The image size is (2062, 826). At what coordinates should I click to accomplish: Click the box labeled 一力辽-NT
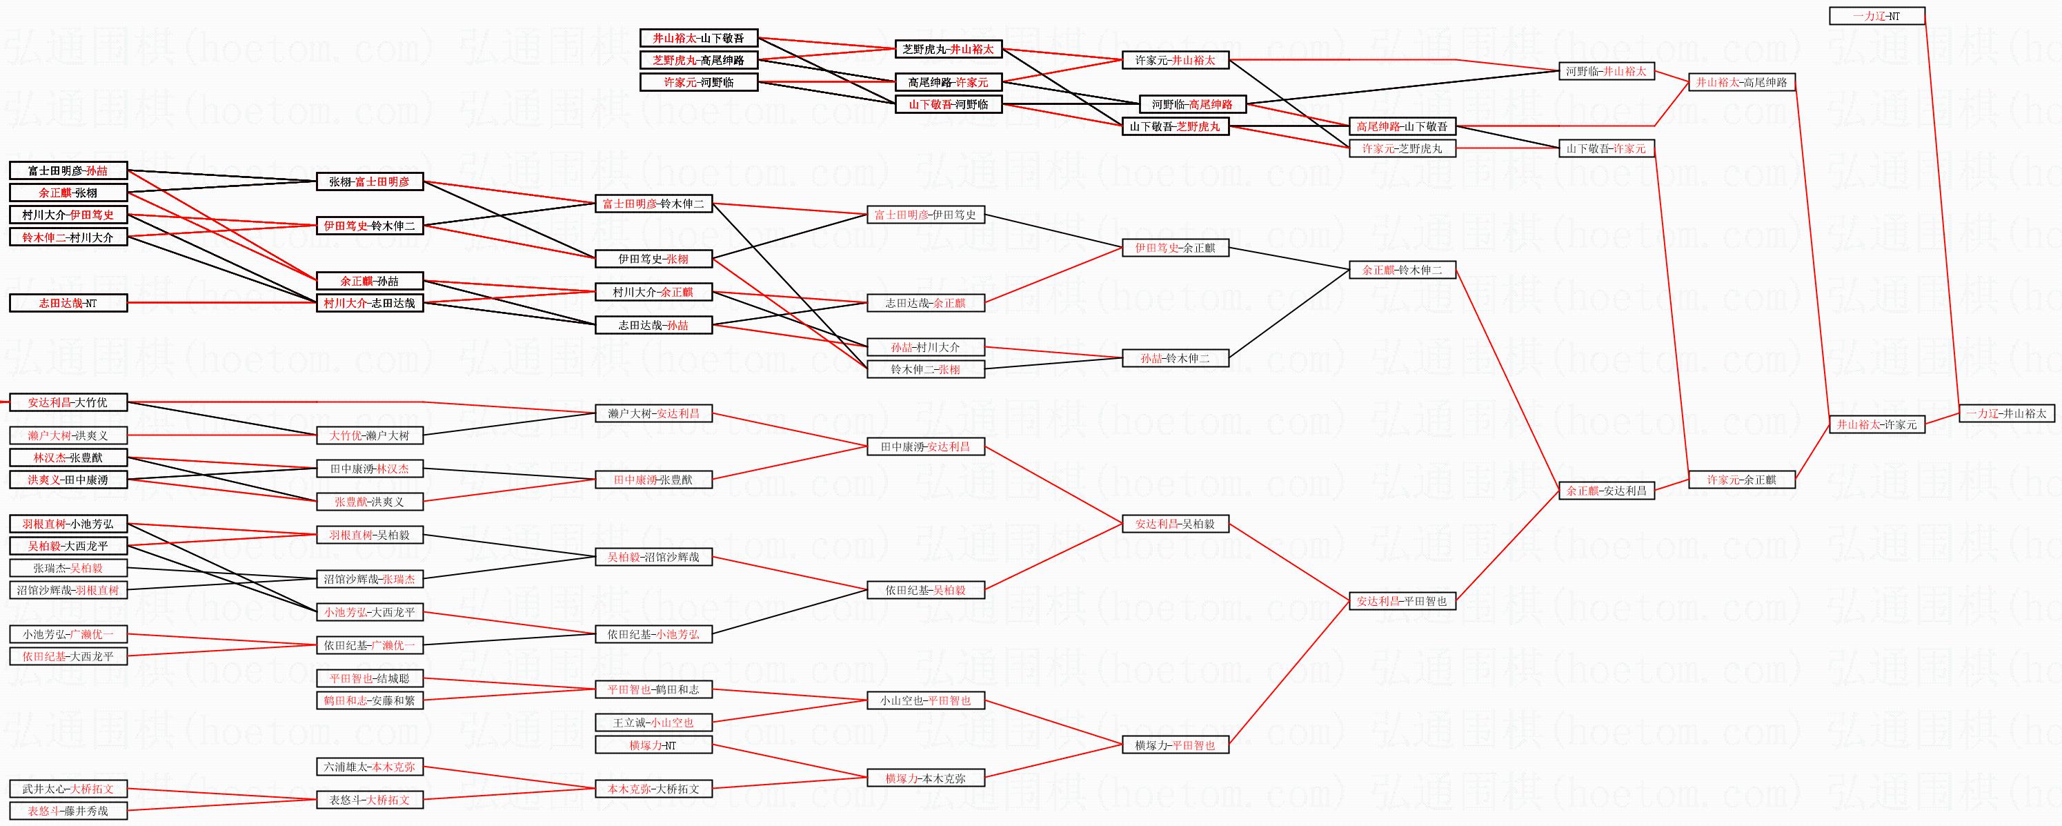click(1876, 16)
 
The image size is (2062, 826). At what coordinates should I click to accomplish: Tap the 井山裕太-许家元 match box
click(1876, 424)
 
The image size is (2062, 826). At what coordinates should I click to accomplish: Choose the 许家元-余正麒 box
click(1741, 480)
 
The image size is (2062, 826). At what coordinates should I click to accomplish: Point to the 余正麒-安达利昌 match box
click(1607, 491)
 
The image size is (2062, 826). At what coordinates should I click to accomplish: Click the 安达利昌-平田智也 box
click(1402, 600)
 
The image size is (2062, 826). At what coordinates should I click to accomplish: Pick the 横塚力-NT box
click(653, 745)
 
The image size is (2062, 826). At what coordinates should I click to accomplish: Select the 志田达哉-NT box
click(68, 304)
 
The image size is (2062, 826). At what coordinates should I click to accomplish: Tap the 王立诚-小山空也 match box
click(653, 722)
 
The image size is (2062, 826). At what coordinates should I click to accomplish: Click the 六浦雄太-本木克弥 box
click(370, 767)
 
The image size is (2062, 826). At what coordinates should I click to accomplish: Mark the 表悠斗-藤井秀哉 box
click(68, 811)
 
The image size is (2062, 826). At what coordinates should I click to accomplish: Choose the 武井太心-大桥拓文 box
click(68, 789)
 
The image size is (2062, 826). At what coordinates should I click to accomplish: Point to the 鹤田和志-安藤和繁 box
click(370, 700)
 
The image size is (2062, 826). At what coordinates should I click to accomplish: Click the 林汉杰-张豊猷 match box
click(68, 458)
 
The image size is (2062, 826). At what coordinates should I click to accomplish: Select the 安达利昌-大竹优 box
click(68, 402)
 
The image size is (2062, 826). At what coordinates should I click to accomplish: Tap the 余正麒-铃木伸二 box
click(1402, 271)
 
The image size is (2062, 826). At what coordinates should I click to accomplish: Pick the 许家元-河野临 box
click(699, 82)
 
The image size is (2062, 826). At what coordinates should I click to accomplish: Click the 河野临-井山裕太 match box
click(1607, 71)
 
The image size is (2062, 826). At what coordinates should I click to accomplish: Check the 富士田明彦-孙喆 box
click(68, 170)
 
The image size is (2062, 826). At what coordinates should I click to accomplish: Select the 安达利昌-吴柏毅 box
click(1174, 524)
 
